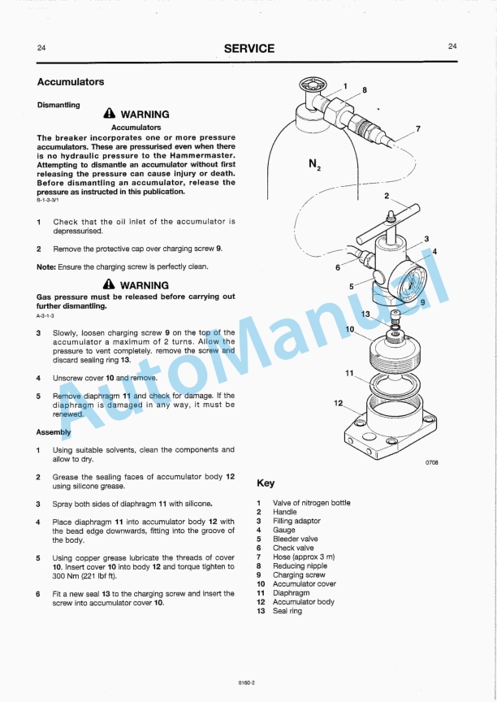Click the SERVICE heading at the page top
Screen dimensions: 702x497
[249, 49]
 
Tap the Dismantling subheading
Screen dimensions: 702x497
[58, 105]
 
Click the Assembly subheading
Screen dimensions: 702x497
[54, 432]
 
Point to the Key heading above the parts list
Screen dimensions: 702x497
[266, 483]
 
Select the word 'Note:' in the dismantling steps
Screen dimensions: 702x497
[46, 266]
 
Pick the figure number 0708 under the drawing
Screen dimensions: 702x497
[431, 462]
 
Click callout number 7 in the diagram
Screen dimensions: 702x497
[417, 128]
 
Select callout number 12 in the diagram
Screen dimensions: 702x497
[339, 403]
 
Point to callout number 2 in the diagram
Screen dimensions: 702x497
[387, 196]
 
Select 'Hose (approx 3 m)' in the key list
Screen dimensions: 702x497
[302, 557]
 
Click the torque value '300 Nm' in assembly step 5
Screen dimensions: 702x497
[67, 576]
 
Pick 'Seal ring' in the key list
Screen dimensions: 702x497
[287, 611]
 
